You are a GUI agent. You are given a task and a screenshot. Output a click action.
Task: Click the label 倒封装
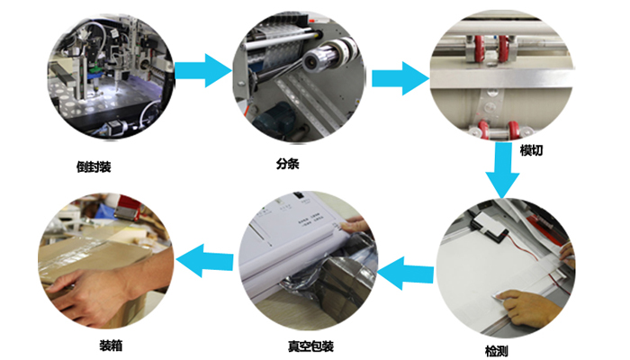click(94, 166)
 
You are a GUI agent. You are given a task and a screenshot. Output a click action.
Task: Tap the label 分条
click(288, 164)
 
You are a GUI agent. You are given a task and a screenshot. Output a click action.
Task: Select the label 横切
click(531, 150)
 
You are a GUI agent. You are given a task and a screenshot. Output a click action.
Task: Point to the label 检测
click(497, 351)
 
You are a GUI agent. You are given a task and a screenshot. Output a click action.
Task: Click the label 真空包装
click(310, 346)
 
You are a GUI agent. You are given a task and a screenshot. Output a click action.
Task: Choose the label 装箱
click(111, 346)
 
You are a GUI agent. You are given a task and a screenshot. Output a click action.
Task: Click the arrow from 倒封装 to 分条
click(202, 71)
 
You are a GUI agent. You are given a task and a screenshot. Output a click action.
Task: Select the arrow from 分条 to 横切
click(400, 78)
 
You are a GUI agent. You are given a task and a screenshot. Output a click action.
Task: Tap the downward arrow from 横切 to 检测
click(502, 170)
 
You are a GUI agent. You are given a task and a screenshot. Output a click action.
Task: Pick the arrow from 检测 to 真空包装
click(406, 274)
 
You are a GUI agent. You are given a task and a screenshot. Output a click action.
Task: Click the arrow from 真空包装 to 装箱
click(204, 261)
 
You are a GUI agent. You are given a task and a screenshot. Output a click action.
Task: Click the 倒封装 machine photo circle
click(111, 76)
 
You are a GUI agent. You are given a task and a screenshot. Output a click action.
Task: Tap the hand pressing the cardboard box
click(96, 293)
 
